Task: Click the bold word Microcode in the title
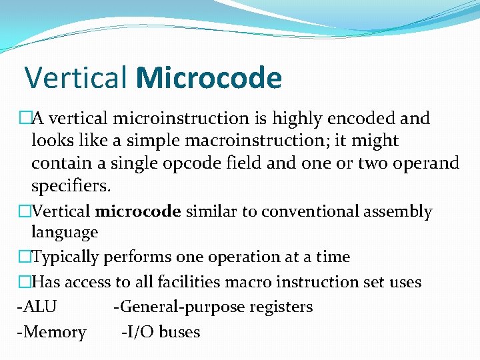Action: pyautogui.click(x=209, y=78)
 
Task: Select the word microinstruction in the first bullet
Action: pyautogui.click(x=180, y=119)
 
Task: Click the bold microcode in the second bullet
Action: pyautogui.click(x=138, y=212)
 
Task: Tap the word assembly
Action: pyautogui.click(x=399, y=212)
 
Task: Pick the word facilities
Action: pyautogui.click(x=180, y=283)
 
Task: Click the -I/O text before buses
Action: pyautogui.click(x=139, y=332)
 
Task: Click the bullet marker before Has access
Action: pyautogui.click(x=25, y=283)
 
